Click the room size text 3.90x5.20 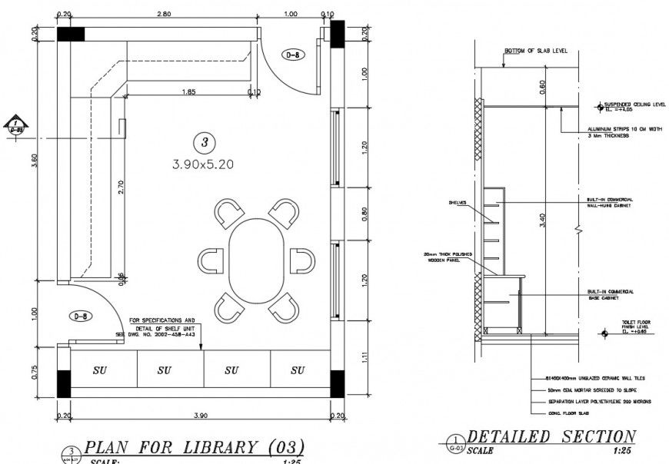[x=203, y=164]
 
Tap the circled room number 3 [x=203, y=142]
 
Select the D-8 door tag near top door [x=293, y=55]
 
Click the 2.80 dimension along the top [x=163, y=14]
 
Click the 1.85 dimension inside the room [x=188, y=91]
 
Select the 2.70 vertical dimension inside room [x=120, y=187]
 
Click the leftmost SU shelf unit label [x=100, y=370]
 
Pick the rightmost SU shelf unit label [x=298, y=370]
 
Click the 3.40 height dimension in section [x=542, y=221]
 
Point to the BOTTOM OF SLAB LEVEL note [x=535, y=51]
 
